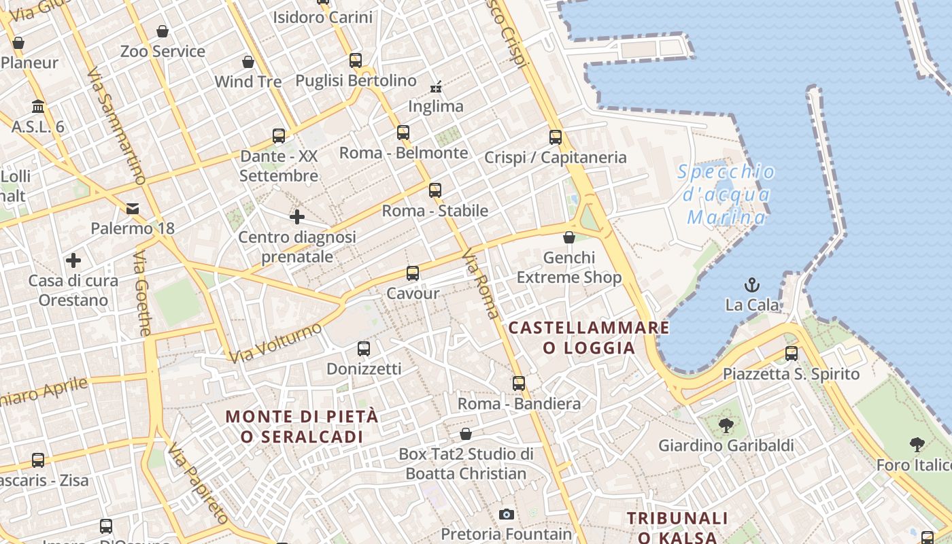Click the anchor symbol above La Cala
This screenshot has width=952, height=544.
[x=752, y=285]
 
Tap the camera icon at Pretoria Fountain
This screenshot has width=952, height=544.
[x=507, y=514]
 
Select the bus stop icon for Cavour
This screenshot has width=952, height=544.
[x=413, y=273]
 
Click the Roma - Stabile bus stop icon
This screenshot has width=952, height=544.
[x=435, y=190]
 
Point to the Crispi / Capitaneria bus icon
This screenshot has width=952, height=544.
[x=556, y=137]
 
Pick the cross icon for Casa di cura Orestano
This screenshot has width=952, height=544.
[x=73, y=260]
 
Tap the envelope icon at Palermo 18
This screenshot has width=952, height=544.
[x=133, y=208]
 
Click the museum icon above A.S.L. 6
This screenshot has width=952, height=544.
[x=38, y=107]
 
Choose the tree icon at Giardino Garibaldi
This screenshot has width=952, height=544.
[x=726, y=426]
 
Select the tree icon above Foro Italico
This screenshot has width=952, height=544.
[x=917, y=445]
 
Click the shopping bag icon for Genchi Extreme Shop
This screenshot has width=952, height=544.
[x=569, y=237]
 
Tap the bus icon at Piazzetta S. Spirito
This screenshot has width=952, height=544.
[x=792, y=354]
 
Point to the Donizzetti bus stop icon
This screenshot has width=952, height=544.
[x=364, y=349]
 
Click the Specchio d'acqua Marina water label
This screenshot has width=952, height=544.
[x=726, y=194]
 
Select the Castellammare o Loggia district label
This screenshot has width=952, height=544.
[x=589, y=338]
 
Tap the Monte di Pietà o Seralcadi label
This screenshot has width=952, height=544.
[x=302, y=426]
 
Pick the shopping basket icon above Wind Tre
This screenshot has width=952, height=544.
[x=248, y=62]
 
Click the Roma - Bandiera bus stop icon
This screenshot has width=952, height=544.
[x=519, y=384]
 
